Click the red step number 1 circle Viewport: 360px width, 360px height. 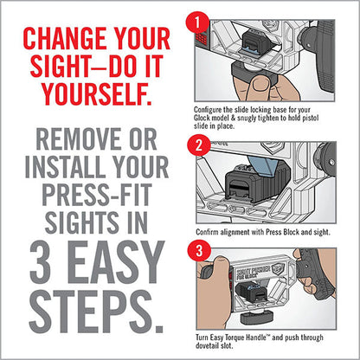point(197,23)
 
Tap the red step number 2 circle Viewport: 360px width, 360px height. point(199,145)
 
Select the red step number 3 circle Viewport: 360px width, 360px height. point(199,251)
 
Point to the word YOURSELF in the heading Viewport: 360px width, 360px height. point(97,93)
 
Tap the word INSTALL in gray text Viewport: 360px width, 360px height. point(65,167)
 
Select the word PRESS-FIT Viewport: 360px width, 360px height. point(97,195)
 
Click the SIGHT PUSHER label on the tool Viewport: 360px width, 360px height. point(254,271)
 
